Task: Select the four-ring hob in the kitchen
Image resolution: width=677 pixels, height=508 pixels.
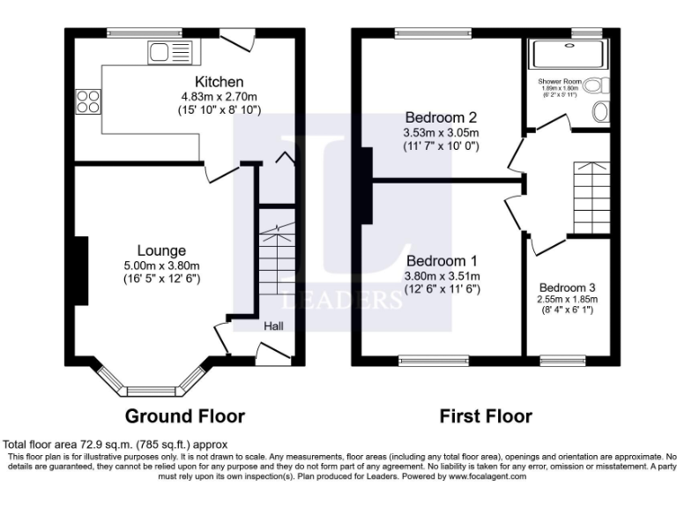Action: pyautogui.click(x=88, y=101)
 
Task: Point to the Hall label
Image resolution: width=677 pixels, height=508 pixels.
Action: pyautogui.click(x=274, y=326)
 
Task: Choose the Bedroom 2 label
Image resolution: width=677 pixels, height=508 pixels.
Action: pyautogui.click(x=441, y=117)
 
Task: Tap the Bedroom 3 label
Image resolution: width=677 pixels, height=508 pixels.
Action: pyautogui.click(x=568, y=288)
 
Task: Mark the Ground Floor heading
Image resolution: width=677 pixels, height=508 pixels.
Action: pyautogui.click(x=185, y=415)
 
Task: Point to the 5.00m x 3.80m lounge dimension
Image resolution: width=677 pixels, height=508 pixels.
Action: pyautogui.click(x=163, y=265)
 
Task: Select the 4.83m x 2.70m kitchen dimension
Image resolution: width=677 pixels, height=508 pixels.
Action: pyautogui.click(x=219, y=96)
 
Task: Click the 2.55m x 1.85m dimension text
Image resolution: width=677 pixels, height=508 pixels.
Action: pyautogui.click(x=568, y=299)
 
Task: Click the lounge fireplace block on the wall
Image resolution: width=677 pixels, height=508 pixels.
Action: pyautogui.click(x=80, y=271)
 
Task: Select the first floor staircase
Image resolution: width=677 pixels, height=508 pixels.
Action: pyautogui.click(x=591, y=198)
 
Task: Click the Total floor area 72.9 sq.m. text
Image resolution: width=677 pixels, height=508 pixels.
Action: pyautogui.click(x=115, y=444)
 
